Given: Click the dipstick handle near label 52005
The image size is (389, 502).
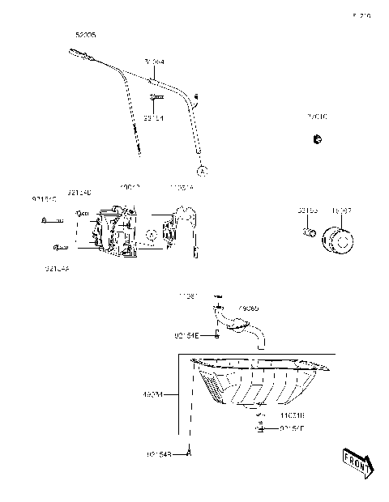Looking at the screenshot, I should pyautogui.click(x=79, y=55).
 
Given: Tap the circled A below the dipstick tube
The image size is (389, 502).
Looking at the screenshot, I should pyautogui.click(x=202, y=171).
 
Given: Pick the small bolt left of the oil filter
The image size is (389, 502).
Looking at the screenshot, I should pyautogui.click(x=309, y=235).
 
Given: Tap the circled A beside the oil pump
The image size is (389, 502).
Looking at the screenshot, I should pyautogui.click(x=151, y=234).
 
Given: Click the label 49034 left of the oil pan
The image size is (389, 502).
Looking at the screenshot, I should pyautogui.click(x=152, y=396).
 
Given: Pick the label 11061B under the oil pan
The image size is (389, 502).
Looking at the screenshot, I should pyautogui.click(x=293, y=415).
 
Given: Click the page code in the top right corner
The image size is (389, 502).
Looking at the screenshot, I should pyautogui.click(x=361, y=15).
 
